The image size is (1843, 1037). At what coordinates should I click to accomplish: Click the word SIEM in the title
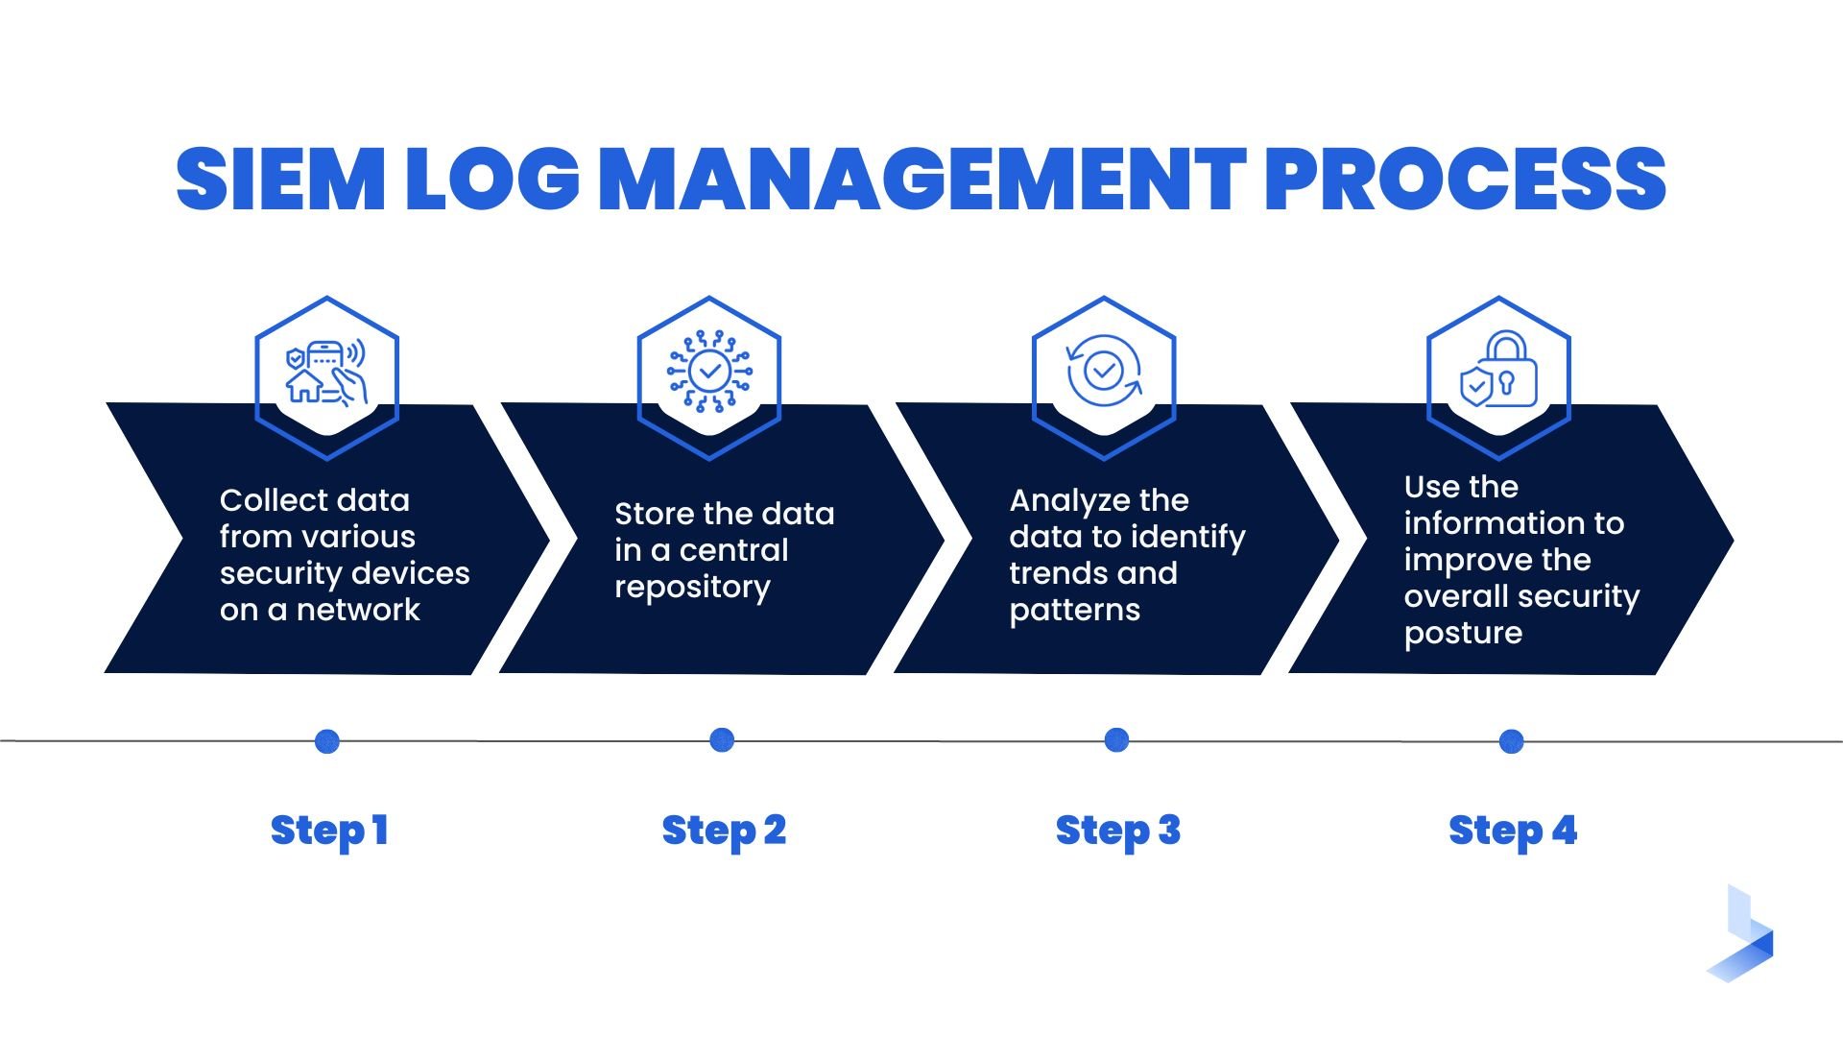point(279,180)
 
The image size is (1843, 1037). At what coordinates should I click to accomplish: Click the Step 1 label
point(329,831)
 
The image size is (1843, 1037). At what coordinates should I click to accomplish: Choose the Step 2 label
point(724,831)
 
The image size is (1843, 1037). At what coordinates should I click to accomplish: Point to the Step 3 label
point(1117,831)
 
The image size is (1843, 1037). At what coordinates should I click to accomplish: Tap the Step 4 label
point(1512,831)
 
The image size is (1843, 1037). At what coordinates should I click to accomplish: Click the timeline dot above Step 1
point(327,741)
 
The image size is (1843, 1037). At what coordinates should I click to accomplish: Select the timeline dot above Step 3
point(1116,740)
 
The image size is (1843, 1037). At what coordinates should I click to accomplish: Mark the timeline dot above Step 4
point(1511,741)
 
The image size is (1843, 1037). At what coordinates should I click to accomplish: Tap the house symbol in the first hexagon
point(304,386)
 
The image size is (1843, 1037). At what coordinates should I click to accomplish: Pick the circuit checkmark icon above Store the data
point(709,371)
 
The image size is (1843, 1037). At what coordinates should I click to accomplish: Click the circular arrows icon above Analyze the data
point(1104,371)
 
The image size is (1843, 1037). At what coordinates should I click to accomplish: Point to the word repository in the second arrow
point(692,587)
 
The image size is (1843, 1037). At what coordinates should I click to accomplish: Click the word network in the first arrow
point(358,610)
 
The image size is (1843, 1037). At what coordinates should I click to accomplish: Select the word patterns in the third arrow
point(1074,611)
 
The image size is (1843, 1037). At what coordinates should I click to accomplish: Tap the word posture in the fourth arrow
point(1463,634)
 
